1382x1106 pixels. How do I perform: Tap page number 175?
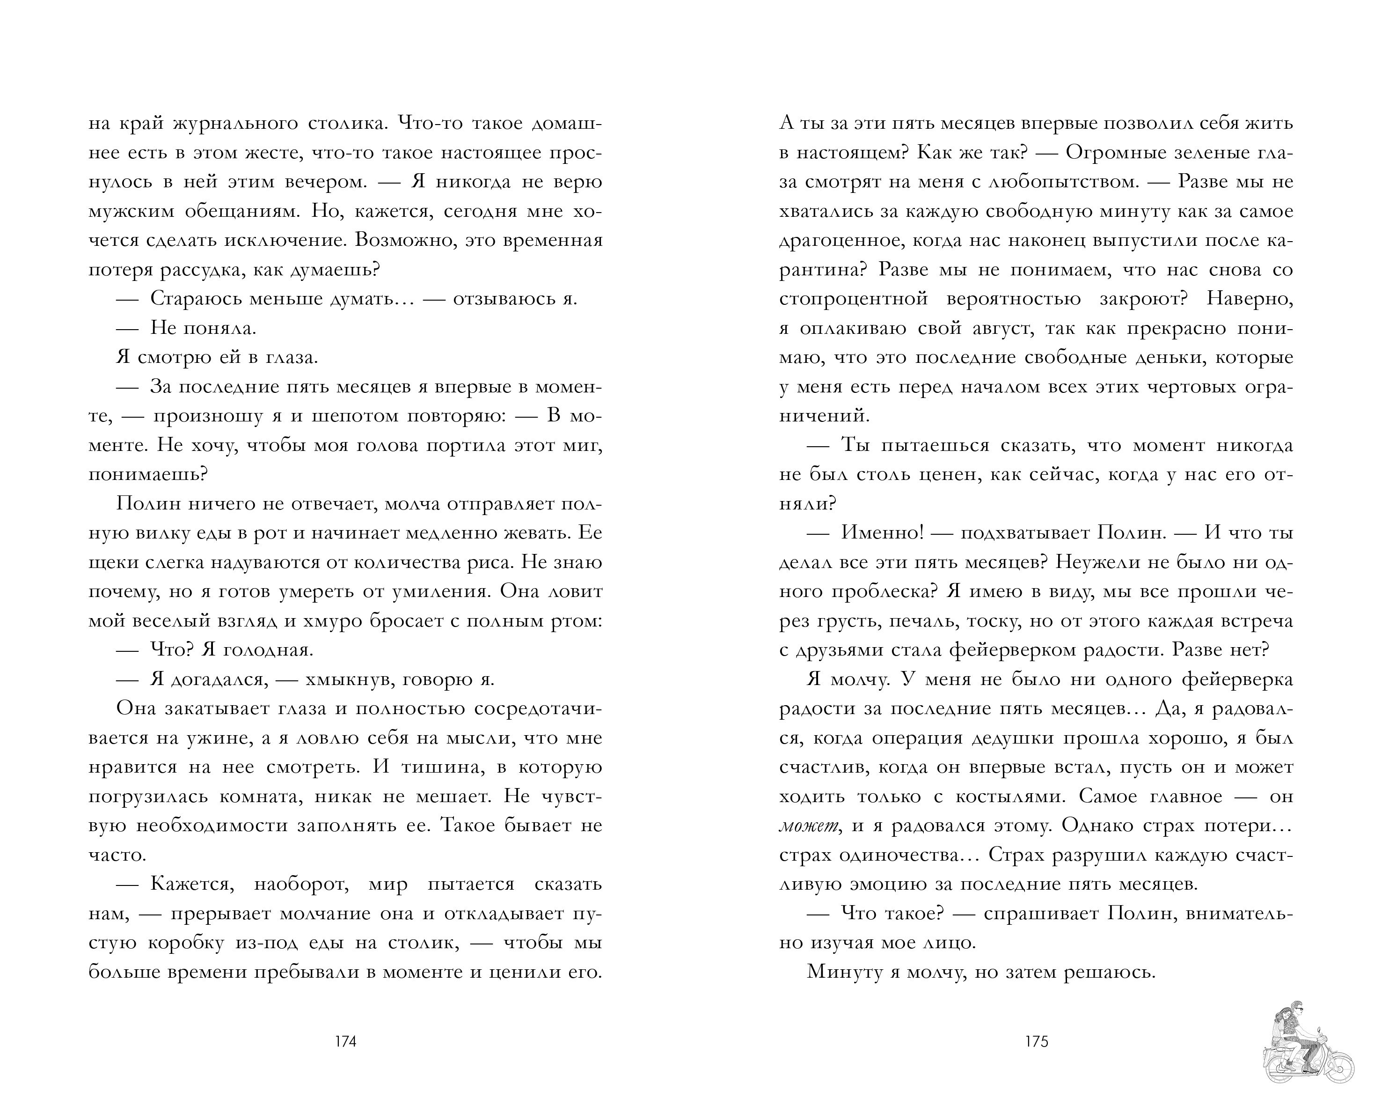[1037, 1042]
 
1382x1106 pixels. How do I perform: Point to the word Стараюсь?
[195, 299]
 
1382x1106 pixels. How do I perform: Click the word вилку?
[154, 533]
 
